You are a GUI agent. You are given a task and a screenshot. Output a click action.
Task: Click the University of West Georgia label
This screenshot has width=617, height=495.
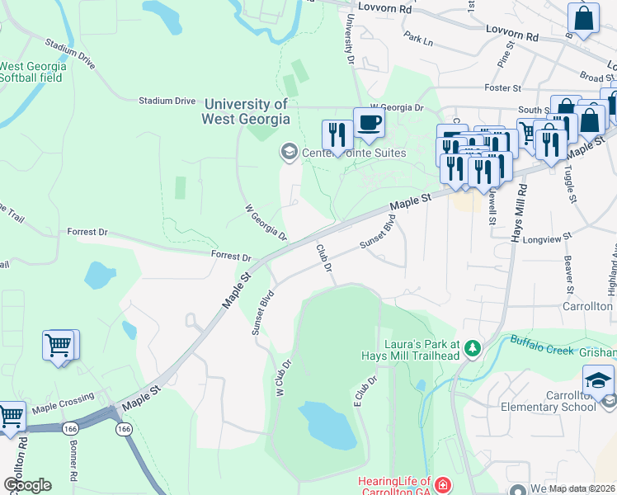[x=246, y=111]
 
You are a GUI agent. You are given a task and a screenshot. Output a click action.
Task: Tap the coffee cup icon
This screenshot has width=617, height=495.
[x=369, y=124]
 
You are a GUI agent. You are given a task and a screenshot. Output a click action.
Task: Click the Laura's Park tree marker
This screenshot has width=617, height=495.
[x=472, y=348]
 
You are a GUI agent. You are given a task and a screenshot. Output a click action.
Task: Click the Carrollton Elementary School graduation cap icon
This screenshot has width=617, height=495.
[x=598, y=380]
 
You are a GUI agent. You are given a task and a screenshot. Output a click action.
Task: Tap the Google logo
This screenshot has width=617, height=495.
[x=28, y=485]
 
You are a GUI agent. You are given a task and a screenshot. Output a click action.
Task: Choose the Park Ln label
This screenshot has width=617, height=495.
[x=418, y=39]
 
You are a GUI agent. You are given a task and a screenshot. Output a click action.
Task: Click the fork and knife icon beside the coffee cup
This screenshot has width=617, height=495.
[x=337, y=135]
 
